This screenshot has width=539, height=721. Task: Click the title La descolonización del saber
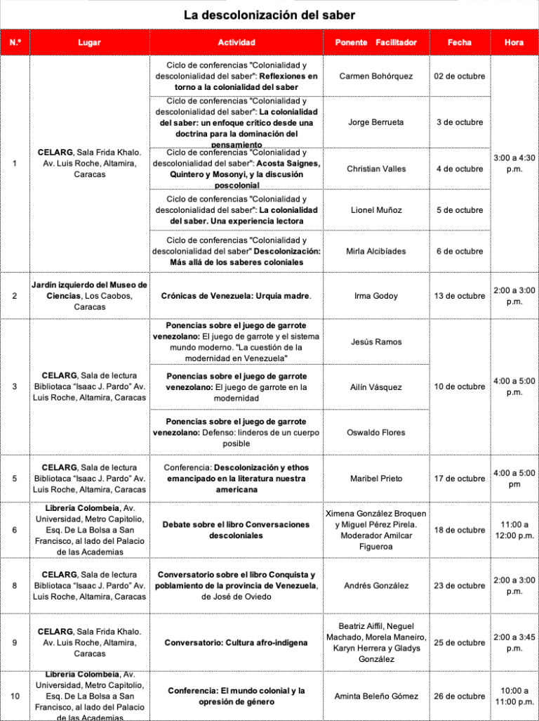point(269,15)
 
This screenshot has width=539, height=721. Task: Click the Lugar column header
point(89,43)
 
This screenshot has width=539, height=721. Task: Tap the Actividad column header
point(236,43)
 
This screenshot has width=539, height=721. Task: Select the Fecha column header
point(460,43)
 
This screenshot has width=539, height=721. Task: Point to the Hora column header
point(514,43)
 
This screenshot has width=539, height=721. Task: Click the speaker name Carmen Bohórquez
point(375,76)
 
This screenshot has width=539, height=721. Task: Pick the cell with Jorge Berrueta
point(375,122)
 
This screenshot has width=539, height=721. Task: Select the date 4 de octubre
point(460,169)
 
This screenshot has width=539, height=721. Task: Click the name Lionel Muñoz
point(375,210)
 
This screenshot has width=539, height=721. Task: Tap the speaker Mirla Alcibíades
point(375,251)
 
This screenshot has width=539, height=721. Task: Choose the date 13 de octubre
point(460,296)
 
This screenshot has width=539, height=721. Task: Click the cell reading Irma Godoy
point(375,296)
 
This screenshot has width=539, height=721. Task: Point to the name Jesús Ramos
point(375,342)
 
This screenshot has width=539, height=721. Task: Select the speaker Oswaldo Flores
point(375,433)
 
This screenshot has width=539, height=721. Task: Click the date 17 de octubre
point(460,479)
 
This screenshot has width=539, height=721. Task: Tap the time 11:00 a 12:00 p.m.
point(514,530)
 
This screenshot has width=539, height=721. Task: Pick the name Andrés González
point(375,585)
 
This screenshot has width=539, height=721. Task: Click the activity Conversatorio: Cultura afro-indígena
point(236,642)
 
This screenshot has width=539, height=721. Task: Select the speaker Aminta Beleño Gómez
point(375,696)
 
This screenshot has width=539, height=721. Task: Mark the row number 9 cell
point(15,642)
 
